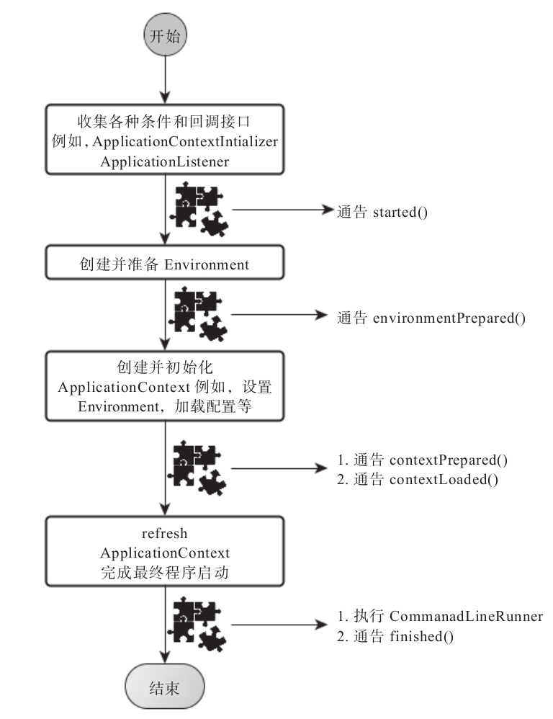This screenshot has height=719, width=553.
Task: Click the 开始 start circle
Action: pyautogui.click(x=165, y=37)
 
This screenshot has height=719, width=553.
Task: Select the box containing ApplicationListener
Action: pyautogui.click(x=165, y=140)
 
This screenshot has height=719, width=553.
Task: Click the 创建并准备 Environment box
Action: pyautogui.click(x=165, y=264)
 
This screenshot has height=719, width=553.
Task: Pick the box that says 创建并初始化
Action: pyautogui.click(x=165, y=386)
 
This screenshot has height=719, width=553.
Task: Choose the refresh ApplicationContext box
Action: pyautogui.click(x=165, y=552)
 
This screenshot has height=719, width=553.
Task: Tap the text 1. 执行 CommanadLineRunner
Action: pyautogui.click(x=440, y=617)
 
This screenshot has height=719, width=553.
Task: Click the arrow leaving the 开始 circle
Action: pyautogui.click(x=166, y=80)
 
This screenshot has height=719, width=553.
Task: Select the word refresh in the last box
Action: pyautogui.click(x=165, y=534)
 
